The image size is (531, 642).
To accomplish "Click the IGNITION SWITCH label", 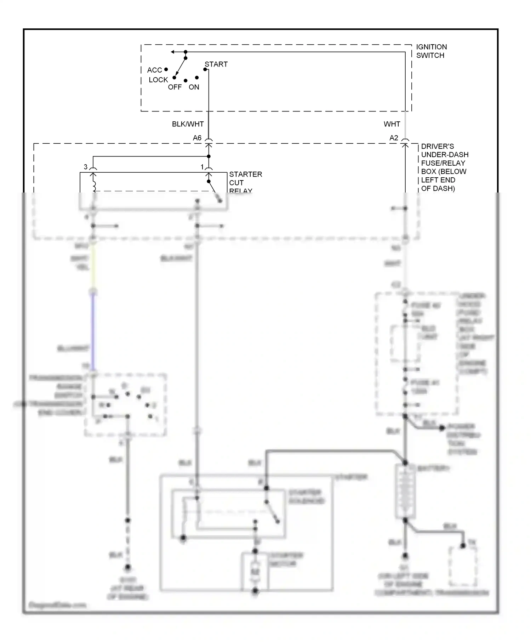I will (x=431, y=51).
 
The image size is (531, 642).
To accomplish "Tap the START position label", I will (x=216, y=64).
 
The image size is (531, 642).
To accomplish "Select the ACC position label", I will (x=154, y=70).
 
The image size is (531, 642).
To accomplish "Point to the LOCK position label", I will (x=158, y=80).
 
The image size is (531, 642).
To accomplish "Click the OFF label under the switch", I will (x=175, y=87).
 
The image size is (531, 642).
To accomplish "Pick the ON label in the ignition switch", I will (x=194, y=87).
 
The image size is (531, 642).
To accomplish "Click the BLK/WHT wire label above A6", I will (x=188, y=124).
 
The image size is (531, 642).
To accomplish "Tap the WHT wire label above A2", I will (x=392, y=124).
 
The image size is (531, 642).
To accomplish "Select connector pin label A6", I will (x=197, y=138).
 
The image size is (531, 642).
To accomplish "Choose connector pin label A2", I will (x=394, y=138).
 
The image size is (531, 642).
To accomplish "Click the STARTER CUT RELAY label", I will (x=245, y=182).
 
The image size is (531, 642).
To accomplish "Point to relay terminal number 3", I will (x=85, y=167).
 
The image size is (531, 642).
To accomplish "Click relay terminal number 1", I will (x=202, y=167).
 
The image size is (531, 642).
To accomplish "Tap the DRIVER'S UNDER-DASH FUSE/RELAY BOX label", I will (x=444, y=167).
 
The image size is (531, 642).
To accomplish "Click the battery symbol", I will (x=405, y=492).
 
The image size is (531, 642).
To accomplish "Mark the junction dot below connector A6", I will (x=209, y=156).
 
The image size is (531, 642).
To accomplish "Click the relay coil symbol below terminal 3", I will (x=94, y=186).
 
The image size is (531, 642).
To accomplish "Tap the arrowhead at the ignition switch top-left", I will (x=173, y=52).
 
